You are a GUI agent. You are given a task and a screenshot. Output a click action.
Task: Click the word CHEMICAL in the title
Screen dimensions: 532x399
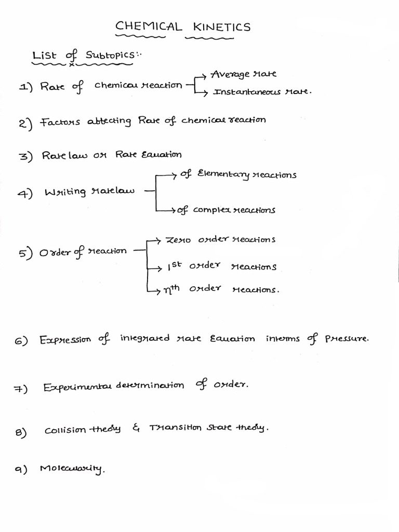point(149,26)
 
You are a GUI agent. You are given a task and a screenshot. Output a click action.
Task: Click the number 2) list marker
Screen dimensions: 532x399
point(25,123)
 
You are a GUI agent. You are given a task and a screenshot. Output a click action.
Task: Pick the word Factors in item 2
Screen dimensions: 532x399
point(60,122)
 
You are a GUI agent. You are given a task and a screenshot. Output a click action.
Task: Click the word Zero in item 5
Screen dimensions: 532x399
point(178,240)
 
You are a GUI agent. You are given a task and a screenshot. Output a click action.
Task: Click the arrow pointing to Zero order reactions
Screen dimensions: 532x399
point(155,240)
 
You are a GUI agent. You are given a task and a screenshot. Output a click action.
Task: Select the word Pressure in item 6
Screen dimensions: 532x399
point(347,339)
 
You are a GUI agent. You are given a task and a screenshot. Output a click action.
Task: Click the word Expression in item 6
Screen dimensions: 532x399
point(65,340)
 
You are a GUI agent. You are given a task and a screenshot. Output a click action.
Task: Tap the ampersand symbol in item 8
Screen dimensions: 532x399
point(137,429)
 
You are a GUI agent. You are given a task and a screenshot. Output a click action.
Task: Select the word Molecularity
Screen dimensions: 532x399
point(72,470)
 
